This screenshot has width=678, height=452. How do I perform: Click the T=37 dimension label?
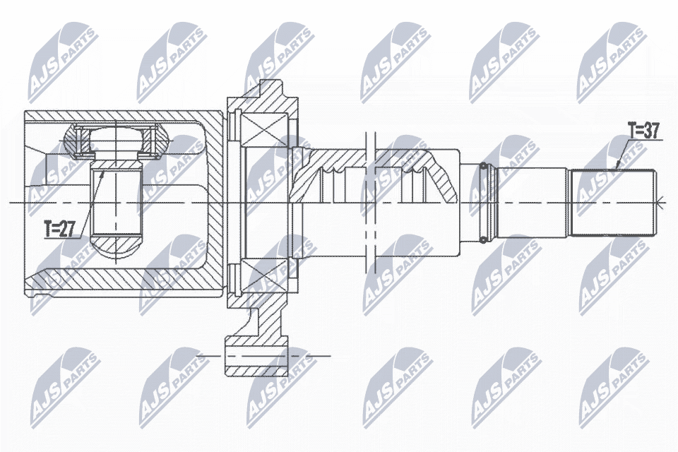pos(643,130)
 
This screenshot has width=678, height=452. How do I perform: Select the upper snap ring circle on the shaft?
pos(483,167)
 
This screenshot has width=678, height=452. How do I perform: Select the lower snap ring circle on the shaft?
pos(483,238)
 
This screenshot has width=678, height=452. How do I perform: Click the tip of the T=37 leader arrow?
pos(616,169)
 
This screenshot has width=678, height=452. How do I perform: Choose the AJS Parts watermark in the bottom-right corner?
pos(611,385)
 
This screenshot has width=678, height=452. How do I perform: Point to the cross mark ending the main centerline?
pos(661,203)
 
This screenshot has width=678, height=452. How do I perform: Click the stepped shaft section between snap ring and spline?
pos(533,203)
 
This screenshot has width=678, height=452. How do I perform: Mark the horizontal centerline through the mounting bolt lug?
pos(311,355)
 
